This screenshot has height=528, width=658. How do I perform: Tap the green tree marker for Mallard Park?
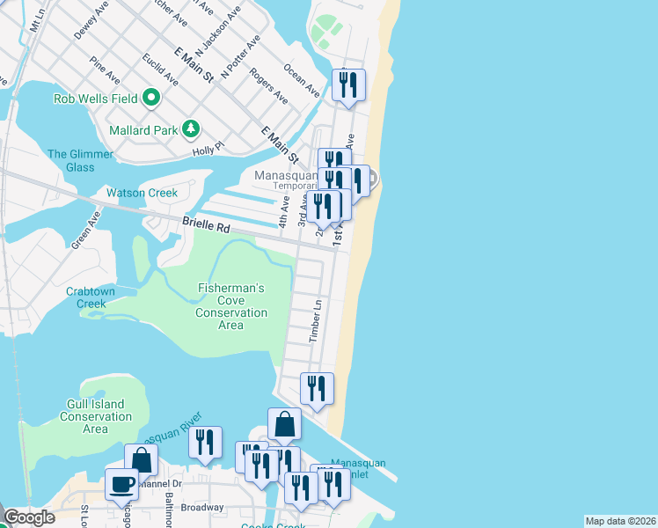(191, 130)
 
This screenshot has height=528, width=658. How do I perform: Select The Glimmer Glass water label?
(80, 160)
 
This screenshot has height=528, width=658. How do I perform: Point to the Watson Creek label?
(142, 193)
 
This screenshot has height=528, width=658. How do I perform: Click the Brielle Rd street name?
(206, 225)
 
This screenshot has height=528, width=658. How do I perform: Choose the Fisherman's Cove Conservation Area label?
(230, 306)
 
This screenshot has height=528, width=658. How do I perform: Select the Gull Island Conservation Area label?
(95, 416)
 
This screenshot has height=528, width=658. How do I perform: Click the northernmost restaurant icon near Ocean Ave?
(349, 85)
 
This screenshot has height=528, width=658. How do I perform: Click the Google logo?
(28, 517)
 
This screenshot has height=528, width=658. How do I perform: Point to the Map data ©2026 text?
(620, 521)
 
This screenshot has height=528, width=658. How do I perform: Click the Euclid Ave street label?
(160, 70)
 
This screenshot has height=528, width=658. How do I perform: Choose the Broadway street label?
(202, 508)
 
